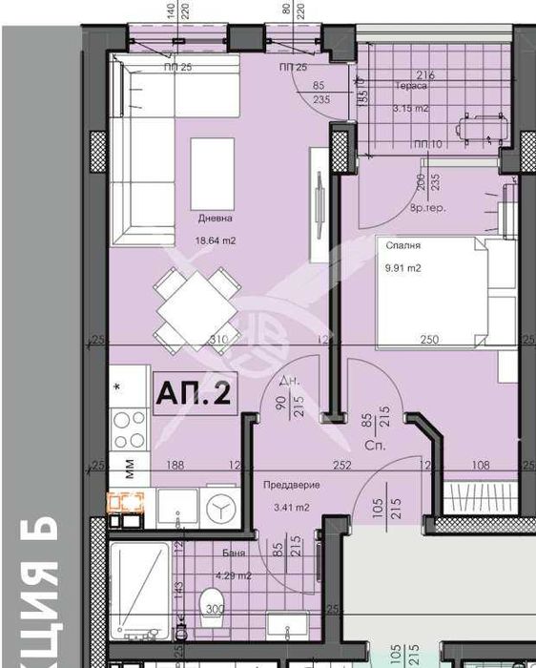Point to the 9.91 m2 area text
[x=402, y=268]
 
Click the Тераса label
[x=412, y=85]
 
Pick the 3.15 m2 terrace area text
[x=411, y=108]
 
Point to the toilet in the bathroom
[x=212, y=605]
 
